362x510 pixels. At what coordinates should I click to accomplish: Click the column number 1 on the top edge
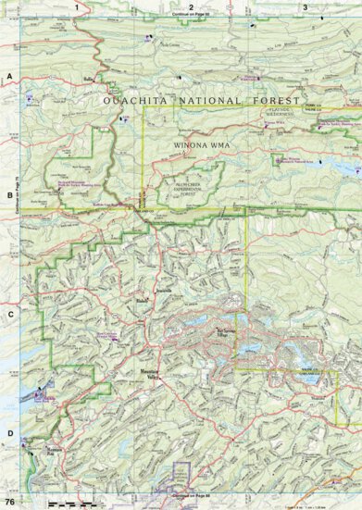pyautogui.click(x=76, y=6)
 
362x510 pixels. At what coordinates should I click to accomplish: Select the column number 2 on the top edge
pyautogui.click(x=190, y=6)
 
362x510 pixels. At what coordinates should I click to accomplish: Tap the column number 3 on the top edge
pyautogui.click(x=305, y=6)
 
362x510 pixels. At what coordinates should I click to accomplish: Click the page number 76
pyautogui.click(x=10, y=502)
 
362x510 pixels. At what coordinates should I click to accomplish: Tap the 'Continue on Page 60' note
pyautogui.click(x=192, y=16)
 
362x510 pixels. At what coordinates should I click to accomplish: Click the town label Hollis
pyautogui.click(x=90, y=81)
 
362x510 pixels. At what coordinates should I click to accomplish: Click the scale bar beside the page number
pyautogui.click(x=70, y=503)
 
